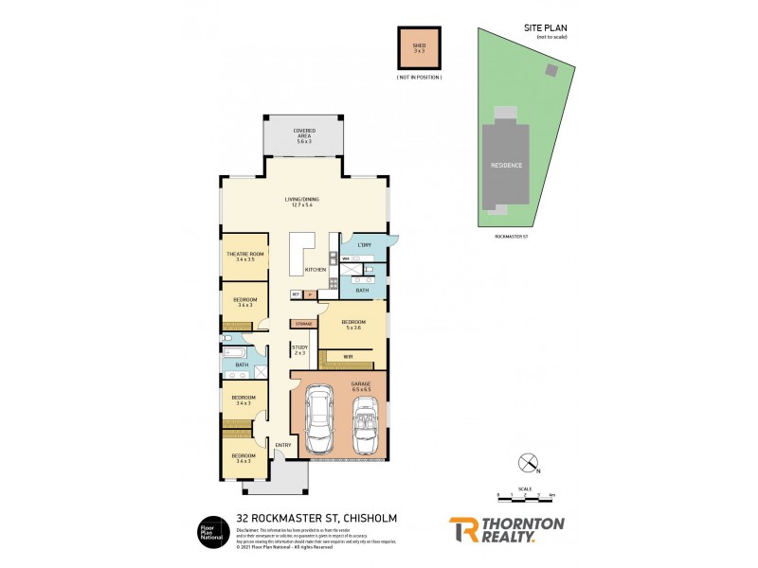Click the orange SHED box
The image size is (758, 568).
419,45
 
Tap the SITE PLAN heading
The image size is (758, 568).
550,28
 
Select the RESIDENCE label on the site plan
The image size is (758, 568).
506,165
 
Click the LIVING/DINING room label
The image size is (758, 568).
303,202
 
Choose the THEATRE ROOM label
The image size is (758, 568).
244,257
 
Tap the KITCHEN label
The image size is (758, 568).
316,270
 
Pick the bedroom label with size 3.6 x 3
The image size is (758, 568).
244,302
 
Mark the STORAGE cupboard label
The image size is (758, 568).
303,324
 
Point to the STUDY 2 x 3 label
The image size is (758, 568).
299,350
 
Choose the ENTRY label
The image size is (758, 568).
282,445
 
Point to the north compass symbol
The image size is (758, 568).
526,464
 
